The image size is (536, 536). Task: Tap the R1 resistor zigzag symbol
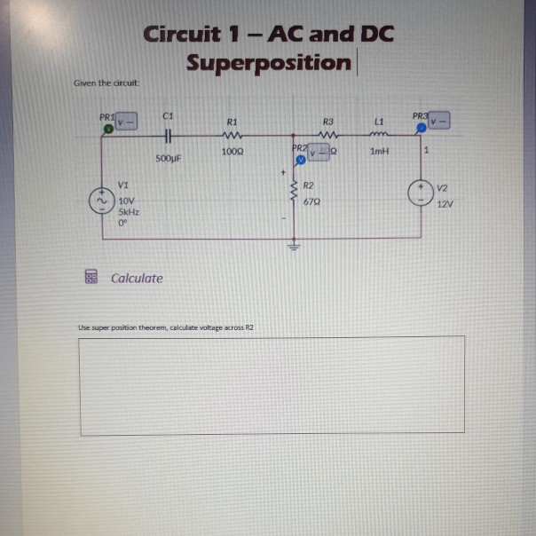coord(233,137)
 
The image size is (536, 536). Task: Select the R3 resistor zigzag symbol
coord(327,137)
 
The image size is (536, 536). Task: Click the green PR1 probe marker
coord(107,128)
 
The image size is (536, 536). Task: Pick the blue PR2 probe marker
coord(301,161)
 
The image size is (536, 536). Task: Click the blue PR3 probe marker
coord(422,128)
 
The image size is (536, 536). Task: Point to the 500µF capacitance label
coord(168,157)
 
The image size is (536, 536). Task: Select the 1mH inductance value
coord(379,152)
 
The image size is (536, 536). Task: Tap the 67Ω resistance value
coord(311,202)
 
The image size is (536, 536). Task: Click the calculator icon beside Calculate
coord(90,278)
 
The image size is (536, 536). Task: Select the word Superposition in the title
coord(269,63)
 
